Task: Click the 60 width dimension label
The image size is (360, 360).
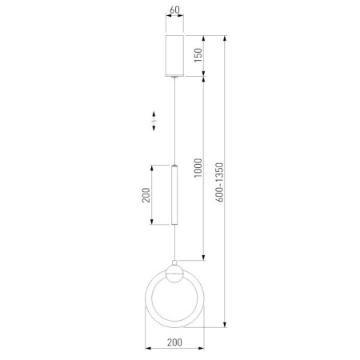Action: [x=174, y=10]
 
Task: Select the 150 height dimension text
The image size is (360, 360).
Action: [x=198, y=55]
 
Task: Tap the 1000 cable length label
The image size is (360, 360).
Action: [x=198, y=168]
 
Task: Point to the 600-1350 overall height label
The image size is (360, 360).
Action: [x=219, y=182]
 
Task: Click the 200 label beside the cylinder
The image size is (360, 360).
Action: [x=146, y=195]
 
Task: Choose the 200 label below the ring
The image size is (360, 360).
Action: [x=174, y=342]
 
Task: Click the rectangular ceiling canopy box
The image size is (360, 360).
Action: [x=174, y=56]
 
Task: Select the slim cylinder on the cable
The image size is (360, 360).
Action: [x=174, y=194]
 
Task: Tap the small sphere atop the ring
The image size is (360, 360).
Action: [x=174, y=274]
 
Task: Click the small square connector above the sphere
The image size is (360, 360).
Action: [x=174, y=262]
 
